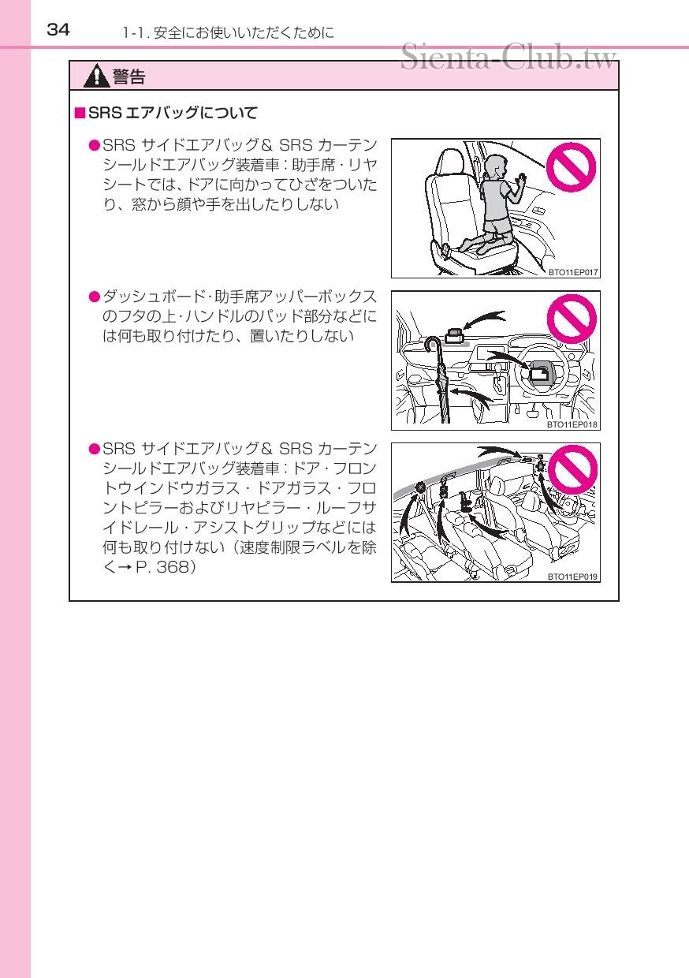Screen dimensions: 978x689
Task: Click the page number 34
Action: pyautogui.click(x=58, y=30)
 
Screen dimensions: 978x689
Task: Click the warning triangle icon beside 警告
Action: pyautogui.click(x=98, y=77)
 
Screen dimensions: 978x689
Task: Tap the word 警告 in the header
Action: pyautogui.click(x=128, y=77)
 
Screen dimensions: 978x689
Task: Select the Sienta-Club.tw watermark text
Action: pyautogui.click(x=508, y=58)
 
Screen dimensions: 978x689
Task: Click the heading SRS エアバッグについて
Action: pyautogui.click(x=172, y=114)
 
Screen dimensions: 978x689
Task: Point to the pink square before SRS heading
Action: pyautogui.click(x=79, y=114)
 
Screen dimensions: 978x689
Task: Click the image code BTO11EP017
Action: pyautogui.click(x=573, y=272)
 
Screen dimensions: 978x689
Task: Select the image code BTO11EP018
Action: pyautogui.click(x=573, y=424)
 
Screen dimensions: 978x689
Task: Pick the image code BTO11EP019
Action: pyautogui.click(x=573, y=577)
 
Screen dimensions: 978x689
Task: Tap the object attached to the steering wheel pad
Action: pyautogui.click(x=540, y=374)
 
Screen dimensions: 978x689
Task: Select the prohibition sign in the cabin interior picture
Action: pyautogui.click(x=572, y=471)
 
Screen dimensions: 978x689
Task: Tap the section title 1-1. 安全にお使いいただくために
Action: pyautogui.click(x=229, y=32)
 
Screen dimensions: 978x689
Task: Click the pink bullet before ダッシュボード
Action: pyautogui.click(x=94, y=297)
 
